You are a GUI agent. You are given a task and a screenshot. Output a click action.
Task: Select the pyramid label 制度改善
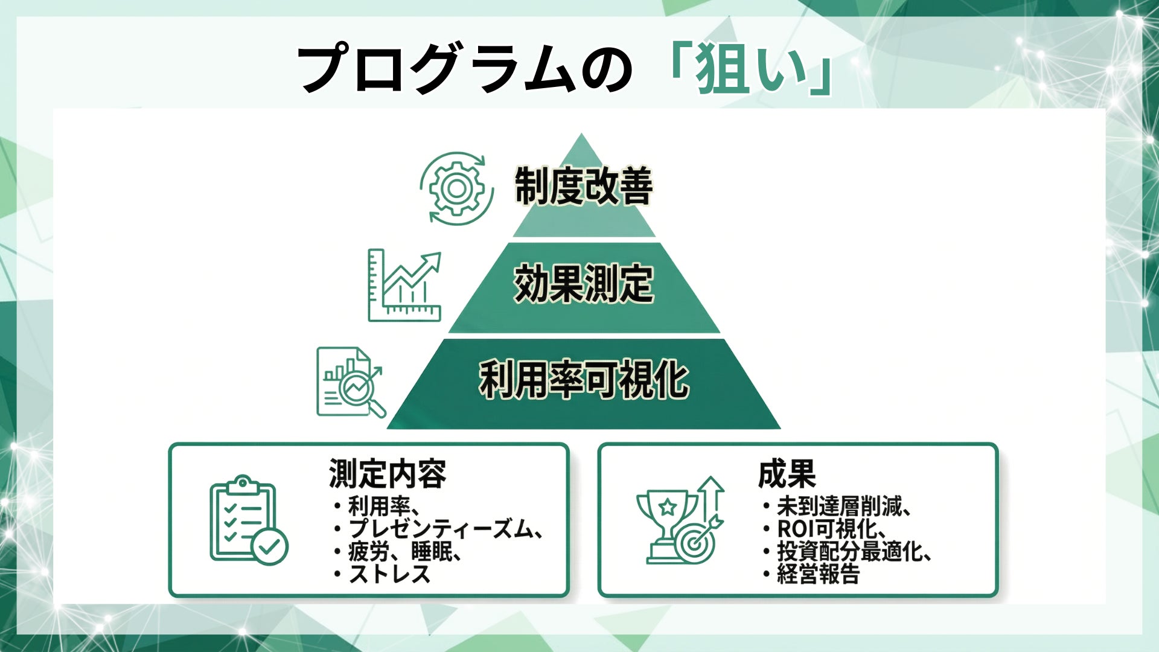[x=583, y=186]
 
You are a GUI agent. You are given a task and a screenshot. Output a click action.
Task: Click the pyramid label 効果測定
[x=583, y=284]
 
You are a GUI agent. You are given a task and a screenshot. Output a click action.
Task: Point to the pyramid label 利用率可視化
[x=584, y=380]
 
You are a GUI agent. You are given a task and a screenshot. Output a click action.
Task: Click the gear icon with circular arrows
[x=457, y=188]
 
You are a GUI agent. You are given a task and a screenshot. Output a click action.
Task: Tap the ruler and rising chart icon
[x=404, y=286]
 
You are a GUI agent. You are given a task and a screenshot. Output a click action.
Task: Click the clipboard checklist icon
[x=247, y=520]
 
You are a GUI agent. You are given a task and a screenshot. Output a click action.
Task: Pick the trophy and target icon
[x=680, y=522]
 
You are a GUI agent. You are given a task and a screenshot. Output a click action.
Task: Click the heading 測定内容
[x=388, y=473]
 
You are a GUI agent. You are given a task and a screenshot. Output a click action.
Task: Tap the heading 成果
[x=787, y=473]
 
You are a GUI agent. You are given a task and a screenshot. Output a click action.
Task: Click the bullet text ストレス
[x=389, y=574]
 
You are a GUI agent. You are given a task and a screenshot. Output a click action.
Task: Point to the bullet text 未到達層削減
[x=839, y=506]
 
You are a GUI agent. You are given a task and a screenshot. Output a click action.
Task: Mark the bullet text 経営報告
[x=818, y=574]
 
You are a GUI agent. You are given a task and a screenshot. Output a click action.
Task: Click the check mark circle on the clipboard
[x=269, y=546]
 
